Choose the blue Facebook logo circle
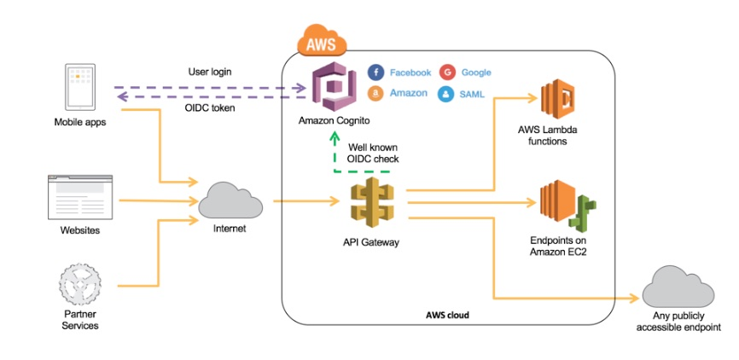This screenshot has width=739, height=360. click(375, 73)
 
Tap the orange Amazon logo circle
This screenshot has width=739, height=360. click(375, 94)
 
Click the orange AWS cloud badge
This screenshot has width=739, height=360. click(320, 41)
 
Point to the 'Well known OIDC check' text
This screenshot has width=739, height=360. click(373, 153)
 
